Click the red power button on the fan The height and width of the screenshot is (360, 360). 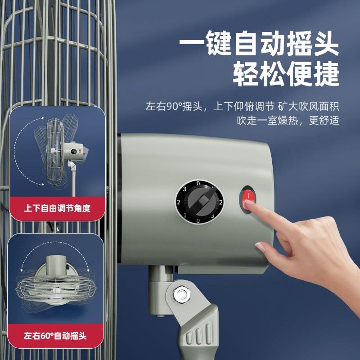tap(248, 199)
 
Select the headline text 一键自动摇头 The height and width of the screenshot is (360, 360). tap(259, 43)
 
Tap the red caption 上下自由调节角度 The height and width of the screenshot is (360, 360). tap(57, 208)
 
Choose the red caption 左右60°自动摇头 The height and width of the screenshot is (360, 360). tap(55, 336)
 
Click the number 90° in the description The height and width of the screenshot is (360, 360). tap(174, 106)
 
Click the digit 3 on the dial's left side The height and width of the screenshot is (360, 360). tap(184, 189)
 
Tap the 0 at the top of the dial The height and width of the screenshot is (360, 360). tap(198, 183)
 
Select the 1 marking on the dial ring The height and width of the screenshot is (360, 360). tap(185, 215)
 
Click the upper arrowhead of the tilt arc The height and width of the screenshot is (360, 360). tap(42, 118)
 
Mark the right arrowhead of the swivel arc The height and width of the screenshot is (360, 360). tap(88, 270)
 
